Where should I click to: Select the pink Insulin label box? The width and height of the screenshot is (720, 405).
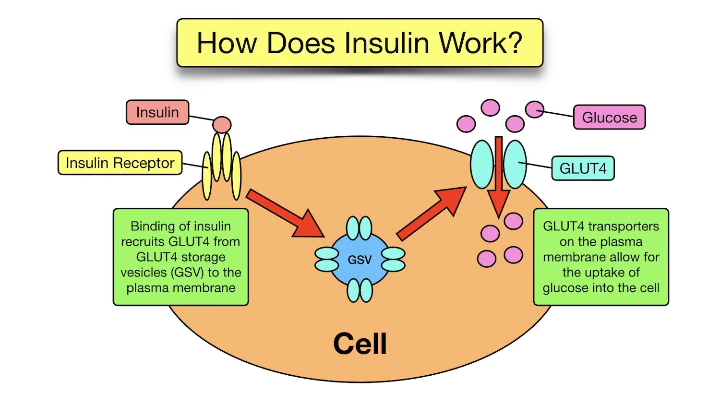point(157,112)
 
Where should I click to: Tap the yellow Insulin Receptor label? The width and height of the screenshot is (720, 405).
point(120,163)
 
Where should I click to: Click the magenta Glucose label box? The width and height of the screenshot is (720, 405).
point(609,118)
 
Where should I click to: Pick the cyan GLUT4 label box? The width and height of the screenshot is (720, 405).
point(583,168)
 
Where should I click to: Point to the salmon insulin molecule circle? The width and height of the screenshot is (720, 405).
point(222,125)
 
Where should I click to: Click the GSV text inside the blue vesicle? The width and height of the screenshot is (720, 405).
point(360,260)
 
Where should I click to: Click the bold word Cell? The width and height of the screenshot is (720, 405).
point(360,344)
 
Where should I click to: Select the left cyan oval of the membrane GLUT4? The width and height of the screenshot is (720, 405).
point(482,164)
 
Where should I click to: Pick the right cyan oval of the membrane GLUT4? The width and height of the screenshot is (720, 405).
point(515,164)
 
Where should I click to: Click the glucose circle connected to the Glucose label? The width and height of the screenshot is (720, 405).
point(534,109)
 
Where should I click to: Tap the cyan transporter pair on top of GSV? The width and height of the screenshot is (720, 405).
point(359,228)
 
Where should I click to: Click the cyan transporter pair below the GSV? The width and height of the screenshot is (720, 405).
point(360,290)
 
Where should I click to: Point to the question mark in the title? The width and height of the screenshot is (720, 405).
point(514,43)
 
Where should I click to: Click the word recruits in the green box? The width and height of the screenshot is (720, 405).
point(143,241)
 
